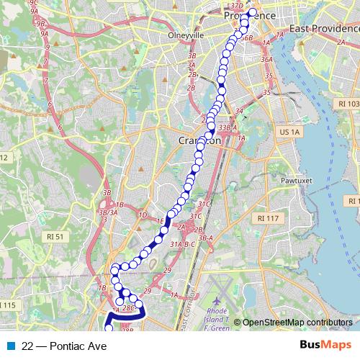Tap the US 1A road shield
coord(289,132)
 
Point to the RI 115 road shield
coord(7,306)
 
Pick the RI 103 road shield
coord(351,104)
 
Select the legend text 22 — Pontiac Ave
coord(64,346)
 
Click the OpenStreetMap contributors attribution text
coord(297,323)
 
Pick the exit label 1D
coord(143,215)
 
